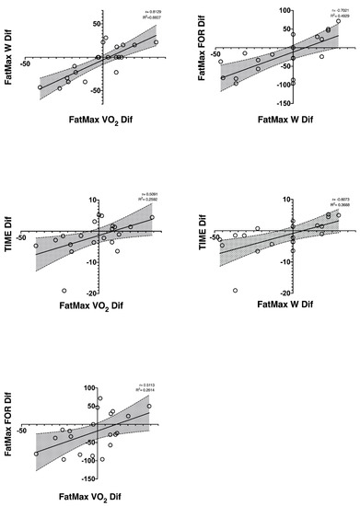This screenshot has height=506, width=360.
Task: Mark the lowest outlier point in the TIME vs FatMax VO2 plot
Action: coord(64,291)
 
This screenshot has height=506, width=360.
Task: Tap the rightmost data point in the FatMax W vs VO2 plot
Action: coord(156,42)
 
